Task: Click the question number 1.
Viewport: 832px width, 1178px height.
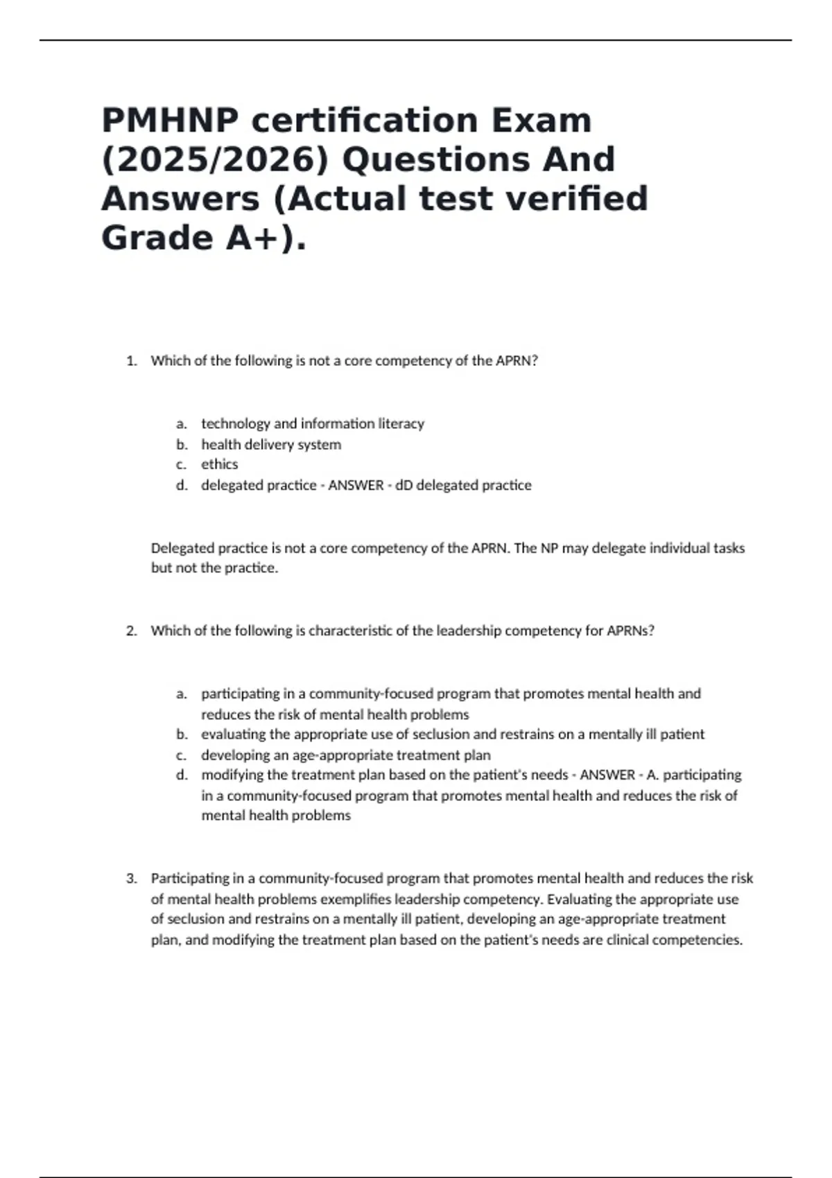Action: [131, 361]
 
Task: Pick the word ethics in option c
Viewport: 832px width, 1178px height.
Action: [219, 464]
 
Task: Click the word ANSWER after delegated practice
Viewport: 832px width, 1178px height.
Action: [356, 485]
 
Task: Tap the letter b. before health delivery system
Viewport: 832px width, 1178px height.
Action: [182, 444]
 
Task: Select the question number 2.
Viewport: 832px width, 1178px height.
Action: [131, 631]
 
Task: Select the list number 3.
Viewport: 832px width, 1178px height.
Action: [131, 879]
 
